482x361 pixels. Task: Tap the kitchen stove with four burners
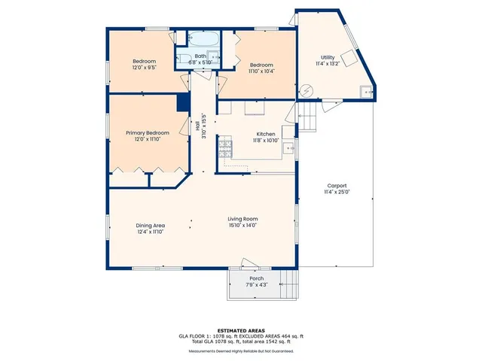point(224,148)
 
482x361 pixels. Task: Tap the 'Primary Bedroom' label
point(147,132)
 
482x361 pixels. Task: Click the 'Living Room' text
point(243,219)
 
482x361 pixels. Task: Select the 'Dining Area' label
point(150,226)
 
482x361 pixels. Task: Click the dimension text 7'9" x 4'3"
point(257,285)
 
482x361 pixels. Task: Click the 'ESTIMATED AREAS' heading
point(240,330)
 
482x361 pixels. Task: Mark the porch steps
point(287,285)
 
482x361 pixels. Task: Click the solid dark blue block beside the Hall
point(182,103)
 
